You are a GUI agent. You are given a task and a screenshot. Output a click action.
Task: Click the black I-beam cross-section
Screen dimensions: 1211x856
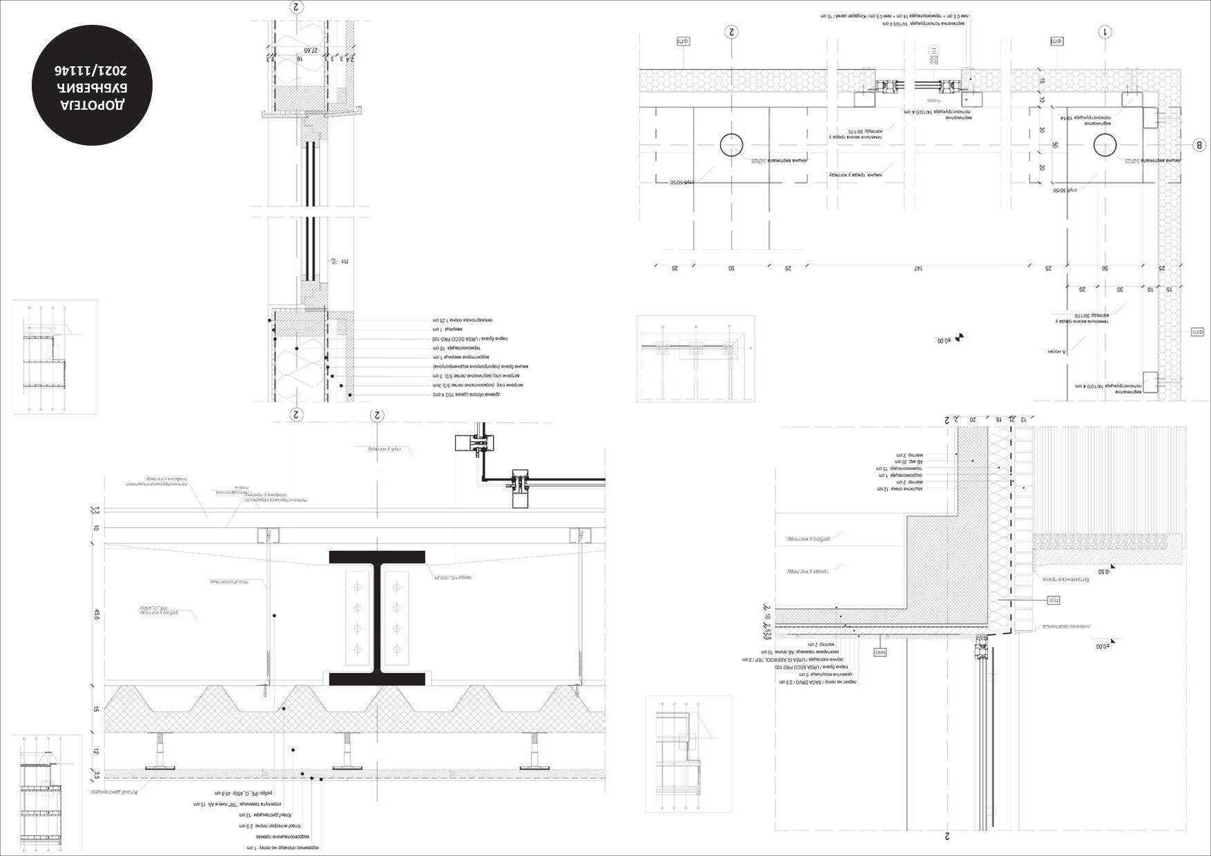coord(377,618)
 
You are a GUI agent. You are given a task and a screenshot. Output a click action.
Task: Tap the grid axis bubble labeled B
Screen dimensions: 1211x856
coord(1199,145)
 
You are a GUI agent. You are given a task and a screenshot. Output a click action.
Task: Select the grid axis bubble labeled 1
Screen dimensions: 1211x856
coord(1105,32)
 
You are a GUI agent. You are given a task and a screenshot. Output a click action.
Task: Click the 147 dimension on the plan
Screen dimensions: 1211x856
coord(918,268)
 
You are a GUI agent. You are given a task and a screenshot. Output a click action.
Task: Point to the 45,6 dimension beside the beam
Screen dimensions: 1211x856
coord(97,614)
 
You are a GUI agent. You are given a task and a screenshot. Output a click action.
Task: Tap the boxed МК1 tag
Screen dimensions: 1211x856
coord(880,652)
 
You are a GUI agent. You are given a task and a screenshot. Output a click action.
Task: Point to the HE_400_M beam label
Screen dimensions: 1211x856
coord(454,577)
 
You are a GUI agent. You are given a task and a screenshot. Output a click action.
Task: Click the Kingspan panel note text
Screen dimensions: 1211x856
coord(898,14)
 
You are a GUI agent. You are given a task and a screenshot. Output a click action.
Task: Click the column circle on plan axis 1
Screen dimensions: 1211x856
coord(1105,146)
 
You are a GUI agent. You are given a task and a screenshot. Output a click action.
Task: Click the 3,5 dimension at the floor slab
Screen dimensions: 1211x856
coord(97,774)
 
